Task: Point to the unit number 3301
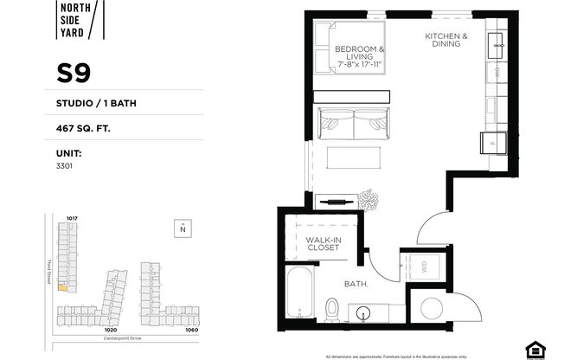point(64,164)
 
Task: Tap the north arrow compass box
point(183,228)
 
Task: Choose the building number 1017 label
point(72,217)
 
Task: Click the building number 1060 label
point(190,330)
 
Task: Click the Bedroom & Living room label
point(360,56)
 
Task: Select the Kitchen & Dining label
point(446,41)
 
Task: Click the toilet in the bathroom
point(332,308)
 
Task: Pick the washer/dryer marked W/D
point(424,266)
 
